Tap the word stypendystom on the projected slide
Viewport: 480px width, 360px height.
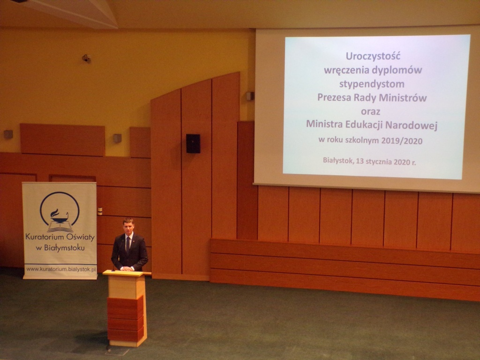point(372,84)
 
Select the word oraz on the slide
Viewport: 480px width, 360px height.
point(370,111)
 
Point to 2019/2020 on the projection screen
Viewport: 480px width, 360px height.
point(402,141)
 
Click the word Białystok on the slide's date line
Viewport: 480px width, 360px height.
point(337,160)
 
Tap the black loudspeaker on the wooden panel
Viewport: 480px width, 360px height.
point(193,143)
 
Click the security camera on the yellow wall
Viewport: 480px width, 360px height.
point(87,58)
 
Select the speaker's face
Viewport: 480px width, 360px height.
point(128,226)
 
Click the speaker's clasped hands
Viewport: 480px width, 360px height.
point(127,269)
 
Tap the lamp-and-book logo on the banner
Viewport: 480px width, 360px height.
point(60,212)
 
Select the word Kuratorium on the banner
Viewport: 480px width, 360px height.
point(45,237)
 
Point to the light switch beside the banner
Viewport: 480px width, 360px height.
point(100,211)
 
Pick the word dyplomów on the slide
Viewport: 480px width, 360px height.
point(397,70)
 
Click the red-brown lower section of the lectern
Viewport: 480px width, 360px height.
point(126,319)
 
